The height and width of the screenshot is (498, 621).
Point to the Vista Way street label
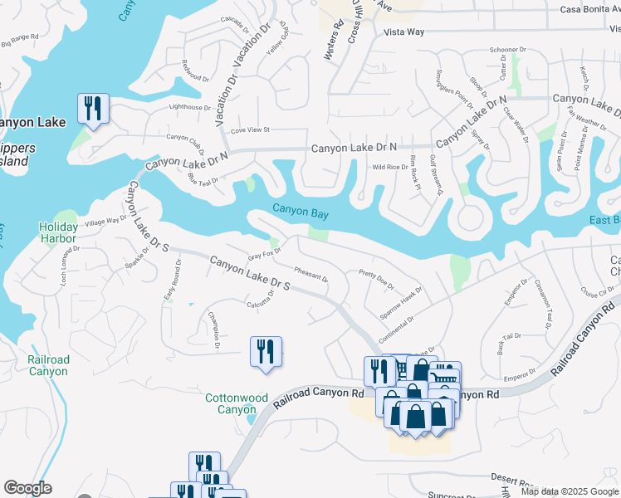pos(404,32)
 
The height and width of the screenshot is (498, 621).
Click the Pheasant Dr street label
pos(311,273)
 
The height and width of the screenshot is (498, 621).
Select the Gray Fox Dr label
pos(265,254)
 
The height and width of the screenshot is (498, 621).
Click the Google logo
pos(28,488)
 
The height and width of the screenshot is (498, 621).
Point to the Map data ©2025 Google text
pos(570,491)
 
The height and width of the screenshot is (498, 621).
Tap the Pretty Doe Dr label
pos(375,278)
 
